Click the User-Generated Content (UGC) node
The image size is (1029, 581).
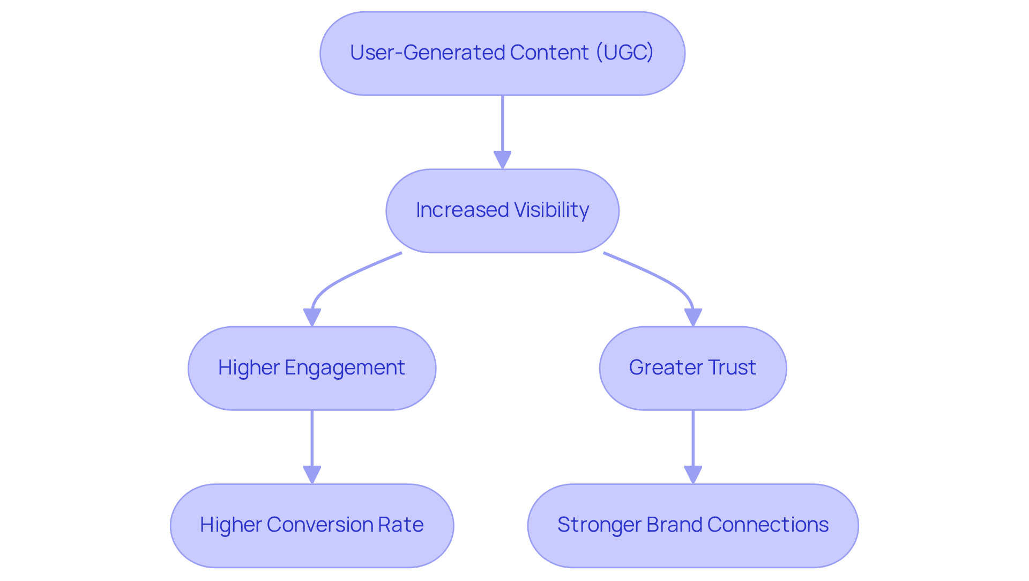tap(502, 54)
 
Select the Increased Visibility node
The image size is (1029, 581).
tap(502, 211)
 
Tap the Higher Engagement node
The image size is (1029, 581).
tap(312, 368)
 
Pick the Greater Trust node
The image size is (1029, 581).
tap(692, 368)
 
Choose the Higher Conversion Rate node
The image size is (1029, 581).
tap(312, 526)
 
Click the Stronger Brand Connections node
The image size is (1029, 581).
tap(692, 526)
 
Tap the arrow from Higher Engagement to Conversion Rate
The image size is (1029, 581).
tap(312, 440)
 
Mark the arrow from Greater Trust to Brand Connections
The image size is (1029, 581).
tap(693, 440)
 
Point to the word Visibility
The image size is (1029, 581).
tap(551, 210)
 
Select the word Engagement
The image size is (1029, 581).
tap(345, 368)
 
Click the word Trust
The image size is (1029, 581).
tap(732, 367)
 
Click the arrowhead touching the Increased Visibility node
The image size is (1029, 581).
tap(502, 159)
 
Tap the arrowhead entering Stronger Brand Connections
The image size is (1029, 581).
tap(693, 474)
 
